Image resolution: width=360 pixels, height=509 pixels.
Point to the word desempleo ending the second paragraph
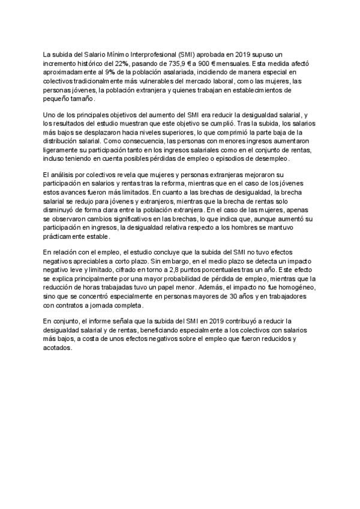pyautogui.click(x=271, y=158)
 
